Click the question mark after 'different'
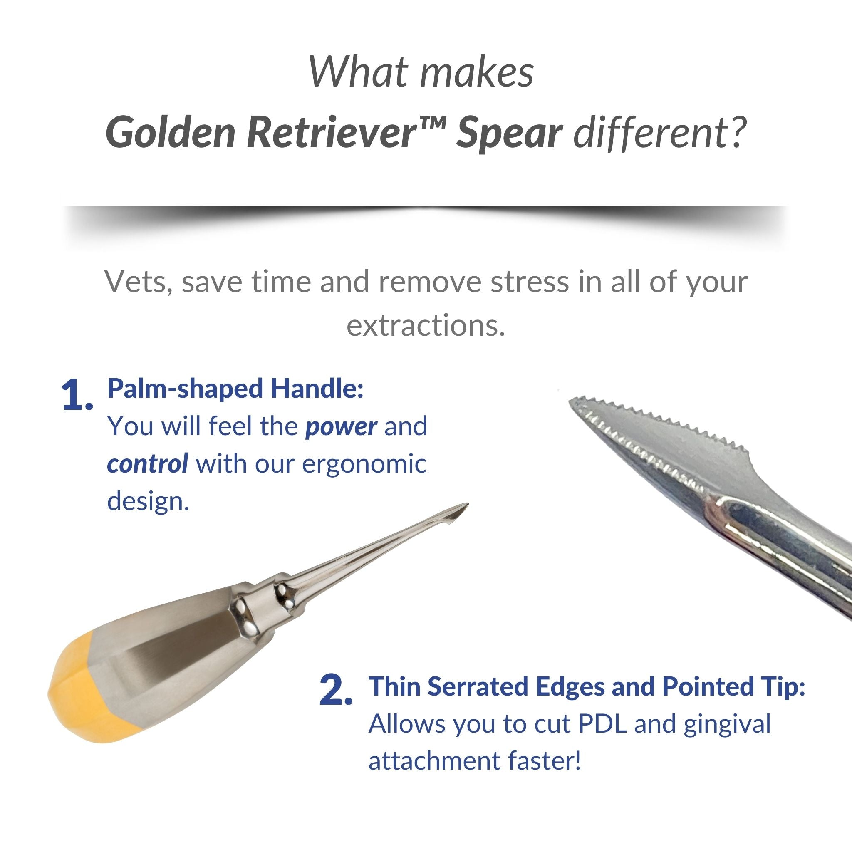pyautogui.click(x=735, y=133)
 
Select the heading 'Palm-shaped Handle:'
pyautogui.click(x=235, y=389)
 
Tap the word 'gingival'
pyautogui.click(x=727, y=726)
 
